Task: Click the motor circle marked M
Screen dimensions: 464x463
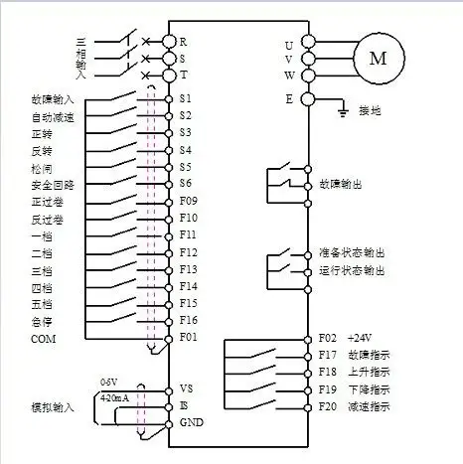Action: (x=378, y=59)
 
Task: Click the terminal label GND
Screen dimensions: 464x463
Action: (x=191, y=422)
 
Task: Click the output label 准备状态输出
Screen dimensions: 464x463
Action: (x=352, y=253)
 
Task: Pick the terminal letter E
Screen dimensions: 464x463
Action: (x=289, y=98)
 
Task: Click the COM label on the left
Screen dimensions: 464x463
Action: (x=43, y=339)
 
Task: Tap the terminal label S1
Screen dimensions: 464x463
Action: (x=186, y=99)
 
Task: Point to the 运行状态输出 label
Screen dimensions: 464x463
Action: (x=352, y=270)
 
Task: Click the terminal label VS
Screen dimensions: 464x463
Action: (x=187, y=388)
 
